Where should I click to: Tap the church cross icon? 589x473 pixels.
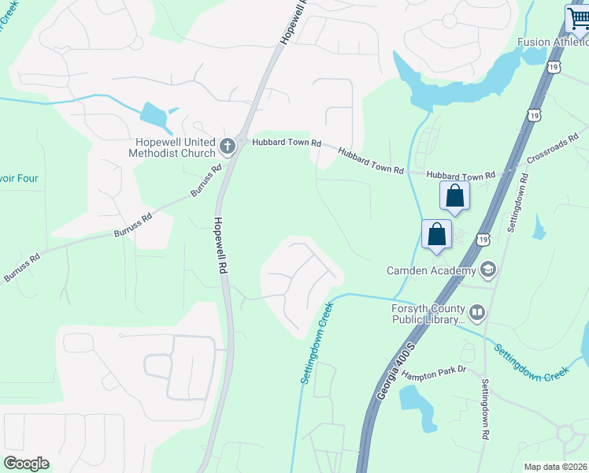(x=228, y=145)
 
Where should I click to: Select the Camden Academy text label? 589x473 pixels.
(x=430, y=270)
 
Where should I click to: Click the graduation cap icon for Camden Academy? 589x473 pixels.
(x=487, y=270)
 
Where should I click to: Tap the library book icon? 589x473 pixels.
(x=478, y=314)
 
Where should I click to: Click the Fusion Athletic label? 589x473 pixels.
(x=552, y=42)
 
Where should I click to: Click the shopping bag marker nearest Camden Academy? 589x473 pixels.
(x=437, y=235)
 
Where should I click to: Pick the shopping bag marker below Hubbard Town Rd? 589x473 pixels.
(x=455, y=196)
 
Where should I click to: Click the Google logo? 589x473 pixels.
(x=26, y=464)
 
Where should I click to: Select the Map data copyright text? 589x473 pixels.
(x=555, y=467)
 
